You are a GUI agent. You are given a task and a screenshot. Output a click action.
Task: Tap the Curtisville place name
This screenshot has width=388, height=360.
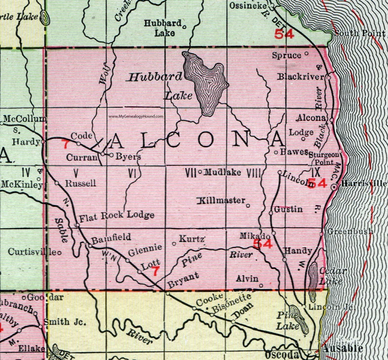[31, 251]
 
